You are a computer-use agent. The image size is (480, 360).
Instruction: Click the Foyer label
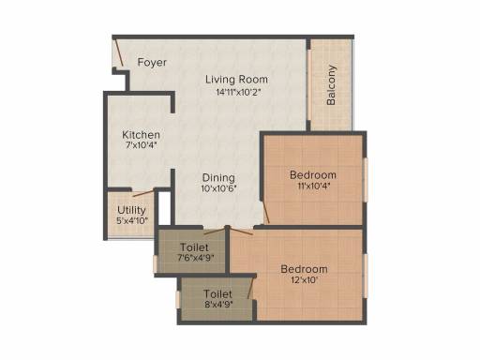152,63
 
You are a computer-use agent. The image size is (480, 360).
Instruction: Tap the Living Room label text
236,80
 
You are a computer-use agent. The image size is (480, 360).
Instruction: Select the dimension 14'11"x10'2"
238,92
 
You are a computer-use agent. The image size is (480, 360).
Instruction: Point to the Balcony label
331,85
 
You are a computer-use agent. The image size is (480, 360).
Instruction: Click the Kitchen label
141,135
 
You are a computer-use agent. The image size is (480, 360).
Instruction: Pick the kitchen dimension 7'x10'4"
141,145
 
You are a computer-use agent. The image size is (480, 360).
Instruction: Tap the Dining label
218,178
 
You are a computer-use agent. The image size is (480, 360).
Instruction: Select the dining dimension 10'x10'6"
218,188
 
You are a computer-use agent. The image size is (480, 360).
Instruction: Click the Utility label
131,210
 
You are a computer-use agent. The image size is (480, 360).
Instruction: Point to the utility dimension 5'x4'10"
132,221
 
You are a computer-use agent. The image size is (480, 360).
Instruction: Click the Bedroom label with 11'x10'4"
313,175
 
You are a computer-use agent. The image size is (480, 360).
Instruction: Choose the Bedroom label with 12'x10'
304,269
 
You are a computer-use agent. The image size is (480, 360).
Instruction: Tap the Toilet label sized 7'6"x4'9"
194,247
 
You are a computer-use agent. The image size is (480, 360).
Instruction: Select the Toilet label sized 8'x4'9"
217,293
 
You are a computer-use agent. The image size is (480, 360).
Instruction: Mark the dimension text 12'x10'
305,280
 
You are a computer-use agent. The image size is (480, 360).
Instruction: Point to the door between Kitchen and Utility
143,193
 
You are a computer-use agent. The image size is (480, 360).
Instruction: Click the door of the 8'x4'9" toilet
250,288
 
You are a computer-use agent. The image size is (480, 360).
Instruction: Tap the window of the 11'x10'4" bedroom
366,180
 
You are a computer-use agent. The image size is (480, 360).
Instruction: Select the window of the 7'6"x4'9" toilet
155,263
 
